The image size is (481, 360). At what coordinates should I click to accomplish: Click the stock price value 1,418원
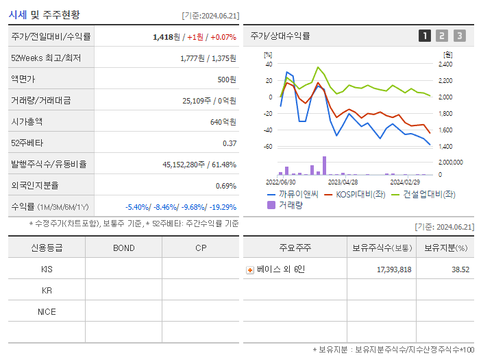(x=167, y=37)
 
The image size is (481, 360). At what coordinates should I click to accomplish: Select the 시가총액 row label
(x=27, y=121)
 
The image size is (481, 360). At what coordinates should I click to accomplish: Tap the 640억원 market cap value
(x=223, y=121)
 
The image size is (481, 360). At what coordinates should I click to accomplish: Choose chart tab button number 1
(x=425, y=36)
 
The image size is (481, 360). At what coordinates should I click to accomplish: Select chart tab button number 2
(x=442, y=36)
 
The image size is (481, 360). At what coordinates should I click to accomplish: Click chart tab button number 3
(x=459, y=36)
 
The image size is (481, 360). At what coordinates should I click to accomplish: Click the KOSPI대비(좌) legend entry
(x=355, y=194)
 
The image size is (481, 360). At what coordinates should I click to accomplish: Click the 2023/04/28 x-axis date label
(x=343, y=182)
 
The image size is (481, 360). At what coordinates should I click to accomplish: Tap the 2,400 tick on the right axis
(x=445, y=64)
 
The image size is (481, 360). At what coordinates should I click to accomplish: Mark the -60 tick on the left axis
(x=269, y=147)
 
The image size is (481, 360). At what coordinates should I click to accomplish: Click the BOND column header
(x=123, y=248)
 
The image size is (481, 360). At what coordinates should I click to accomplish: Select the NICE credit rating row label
(x=47, y=311)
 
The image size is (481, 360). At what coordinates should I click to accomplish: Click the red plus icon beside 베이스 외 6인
(x=250, y=269)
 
